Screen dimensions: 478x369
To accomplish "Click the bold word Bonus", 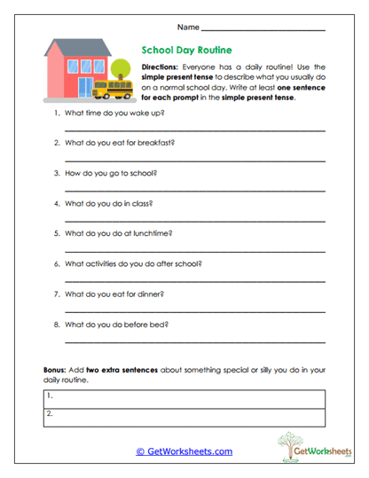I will pos(53,367).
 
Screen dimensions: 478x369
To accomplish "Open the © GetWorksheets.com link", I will pos(184,451).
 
